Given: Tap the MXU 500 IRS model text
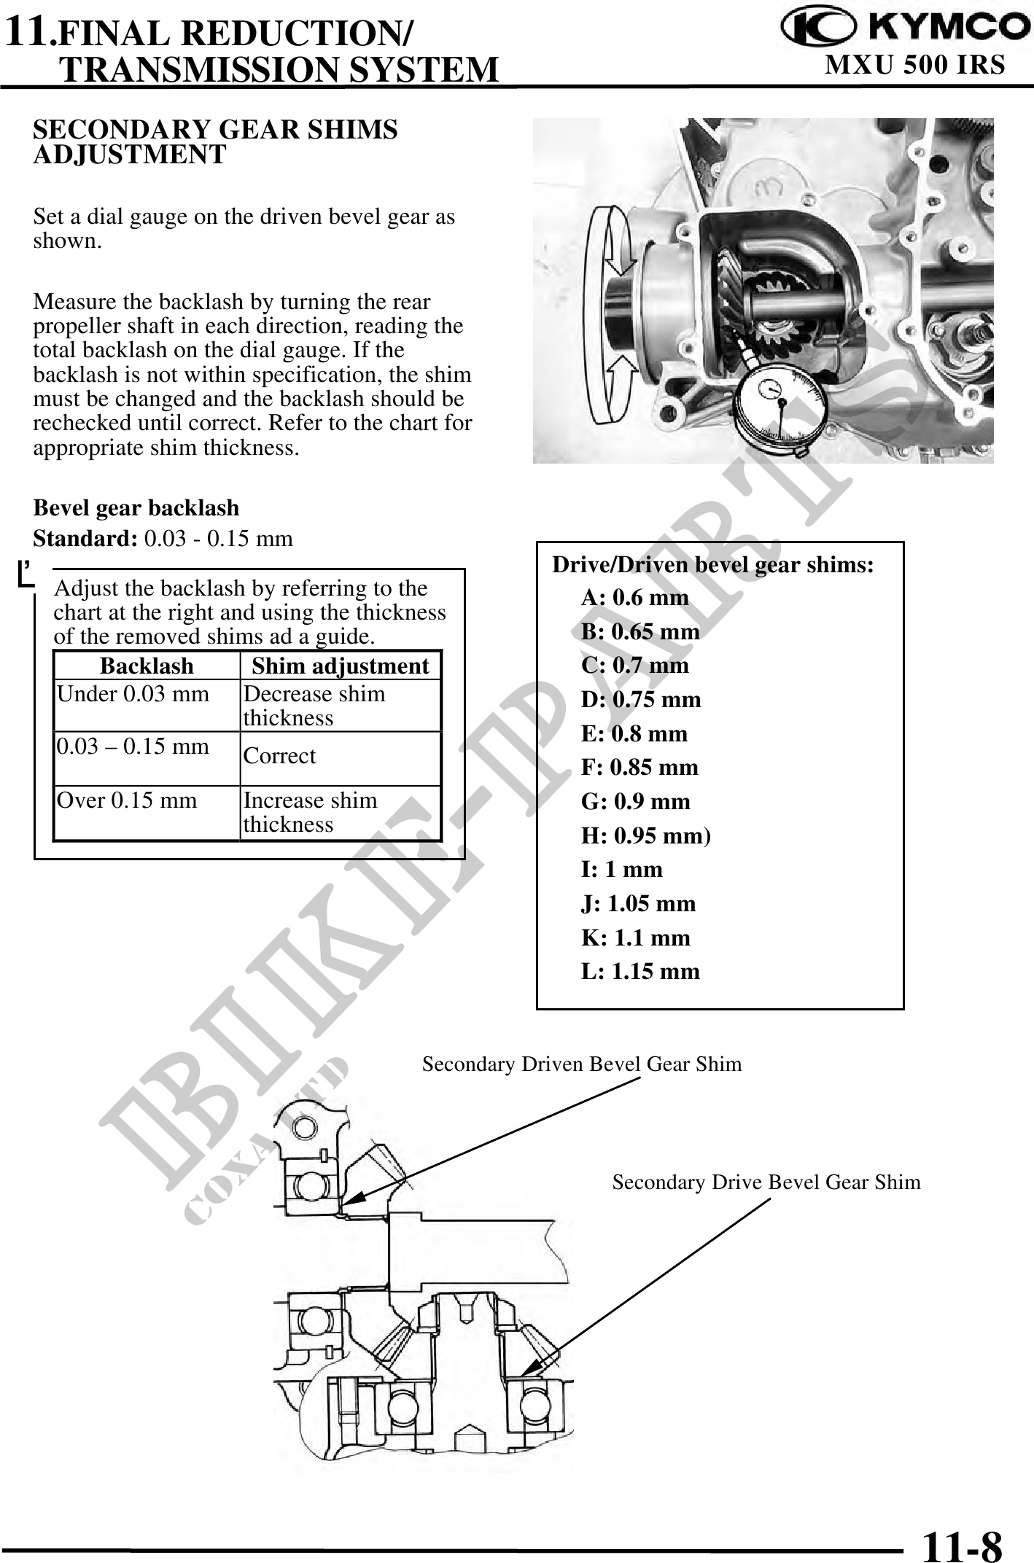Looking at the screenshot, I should (x=914, y=66).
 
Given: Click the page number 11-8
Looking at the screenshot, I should (x=961, y=1543).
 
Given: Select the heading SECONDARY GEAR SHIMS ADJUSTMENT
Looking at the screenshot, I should (x=216, y=142).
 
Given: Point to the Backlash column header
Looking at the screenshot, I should (x=147, y=666).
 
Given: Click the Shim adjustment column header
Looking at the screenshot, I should (x=341, y=666).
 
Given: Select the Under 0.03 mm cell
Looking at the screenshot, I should (x=133, y=693).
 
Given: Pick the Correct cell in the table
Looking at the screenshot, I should (x=280, y=756).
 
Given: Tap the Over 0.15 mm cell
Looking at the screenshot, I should (x=127, y=800).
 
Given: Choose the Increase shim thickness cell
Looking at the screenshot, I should (x=310, y=812).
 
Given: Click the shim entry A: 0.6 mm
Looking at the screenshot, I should (x=634, y=598).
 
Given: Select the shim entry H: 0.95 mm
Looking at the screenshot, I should (x=645, y=835).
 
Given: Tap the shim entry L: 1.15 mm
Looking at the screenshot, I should (x=640, y=971).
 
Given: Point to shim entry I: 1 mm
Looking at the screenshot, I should (x=622, y=870).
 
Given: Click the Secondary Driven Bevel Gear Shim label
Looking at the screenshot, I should (x=582, y=1064).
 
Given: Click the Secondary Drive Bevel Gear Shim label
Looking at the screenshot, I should (x=766, y=1182).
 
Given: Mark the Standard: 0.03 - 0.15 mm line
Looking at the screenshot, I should (x=163, y=539).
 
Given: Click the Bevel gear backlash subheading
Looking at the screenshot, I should (x=136, y=508).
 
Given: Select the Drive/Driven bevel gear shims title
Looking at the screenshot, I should (x=712, y=565).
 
